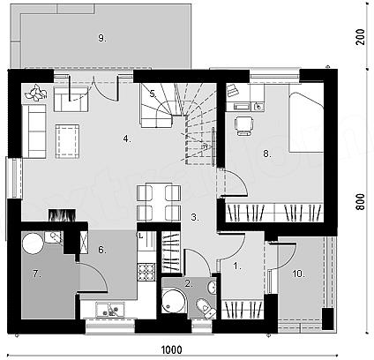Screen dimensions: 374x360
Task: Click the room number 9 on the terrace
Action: click(101, 38)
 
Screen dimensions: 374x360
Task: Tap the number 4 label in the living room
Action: click(127, 139)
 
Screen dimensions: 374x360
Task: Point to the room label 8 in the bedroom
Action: click(267, 154)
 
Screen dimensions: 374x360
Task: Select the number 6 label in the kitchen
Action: click(102, 250)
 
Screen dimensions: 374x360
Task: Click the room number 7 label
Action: click(36, 274)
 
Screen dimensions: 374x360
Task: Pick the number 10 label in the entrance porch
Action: click(298, 274)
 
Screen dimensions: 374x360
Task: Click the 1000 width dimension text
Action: click(172, 350)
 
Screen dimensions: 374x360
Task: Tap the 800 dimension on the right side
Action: click(360, 202)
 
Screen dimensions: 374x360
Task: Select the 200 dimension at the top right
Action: click(360, 37)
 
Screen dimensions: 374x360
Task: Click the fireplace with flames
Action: click(62, 215)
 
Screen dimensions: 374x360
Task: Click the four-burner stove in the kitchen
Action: click(146, 273)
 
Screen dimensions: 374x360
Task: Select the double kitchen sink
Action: click(110, 310)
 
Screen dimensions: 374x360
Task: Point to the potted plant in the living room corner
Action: click(36, 93)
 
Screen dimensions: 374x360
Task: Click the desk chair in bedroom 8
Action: click(243, 125)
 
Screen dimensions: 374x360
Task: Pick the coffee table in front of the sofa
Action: click(67, 142)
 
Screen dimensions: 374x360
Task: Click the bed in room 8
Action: click(306, 122)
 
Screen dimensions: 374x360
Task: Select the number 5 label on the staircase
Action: click(153, 94)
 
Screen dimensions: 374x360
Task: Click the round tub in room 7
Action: click(33, 244)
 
